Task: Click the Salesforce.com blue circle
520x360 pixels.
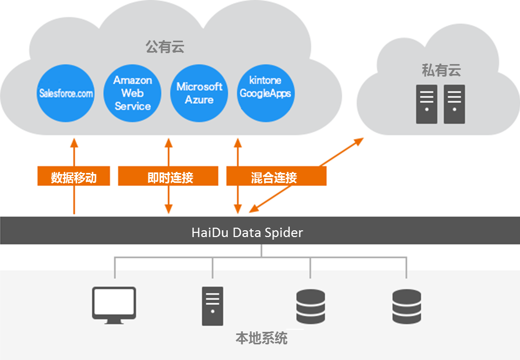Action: coord(66,93)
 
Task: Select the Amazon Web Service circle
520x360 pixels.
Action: coord(132,93)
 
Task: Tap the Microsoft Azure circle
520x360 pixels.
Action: coord(199,93)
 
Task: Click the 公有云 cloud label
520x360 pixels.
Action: coord(165,47)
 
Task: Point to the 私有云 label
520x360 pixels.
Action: coord(441,70)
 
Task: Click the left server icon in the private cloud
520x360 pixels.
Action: coord(426,104)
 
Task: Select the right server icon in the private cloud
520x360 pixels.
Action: coord(454,104)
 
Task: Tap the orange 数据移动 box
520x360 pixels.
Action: coord(74,177)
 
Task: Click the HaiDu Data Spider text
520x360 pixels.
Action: coord(247,232)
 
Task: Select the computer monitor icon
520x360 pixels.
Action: coord(114,305)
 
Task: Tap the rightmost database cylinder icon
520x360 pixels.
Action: coord(406,306)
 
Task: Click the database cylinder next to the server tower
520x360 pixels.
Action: coord(311,306)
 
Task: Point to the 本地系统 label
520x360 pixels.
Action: coord(262,339)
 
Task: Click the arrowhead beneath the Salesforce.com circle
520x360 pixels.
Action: coord(74,142)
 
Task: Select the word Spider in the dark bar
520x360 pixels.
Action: coord(286,232)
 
